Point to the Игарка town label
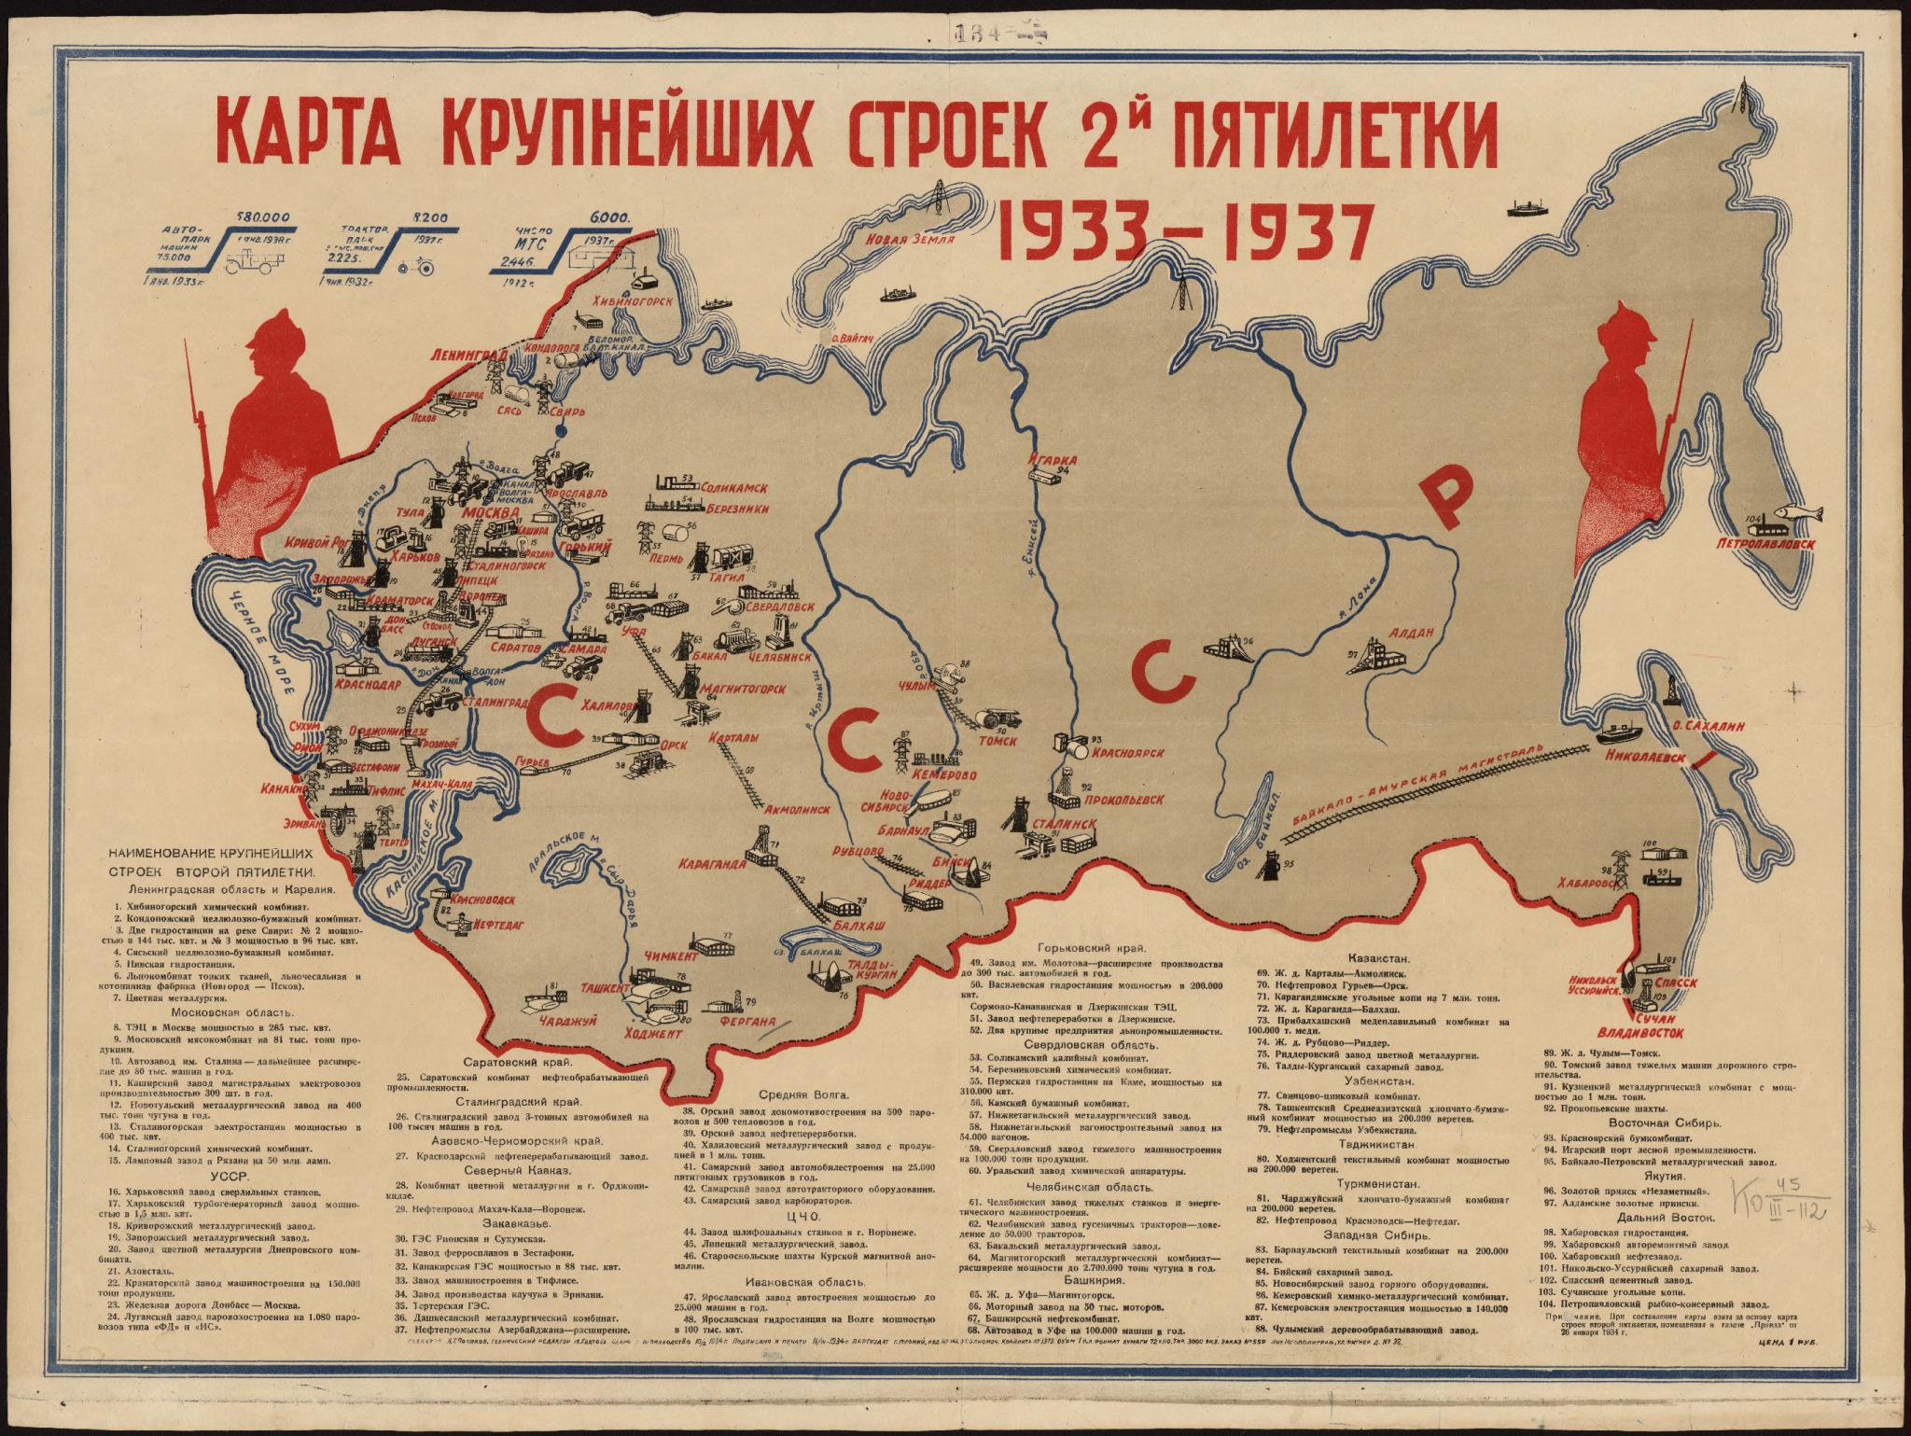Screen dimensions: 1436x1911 (1053, 460)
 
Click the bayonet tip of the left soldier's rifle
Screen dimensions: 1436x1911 (188, 347)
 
